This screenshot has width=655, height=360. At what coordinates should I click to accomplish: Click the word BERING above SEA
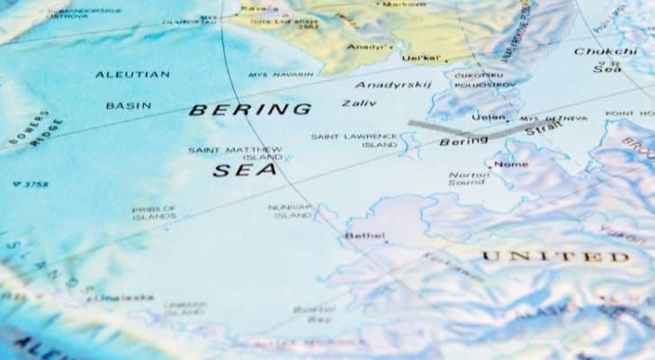[x=250, y=110]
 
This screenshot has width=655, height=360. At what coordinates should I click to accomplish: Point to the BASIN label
[x=129, y=105]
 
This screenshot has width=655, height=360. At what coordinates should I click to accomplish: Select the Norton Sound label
[x=469, y=180]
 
